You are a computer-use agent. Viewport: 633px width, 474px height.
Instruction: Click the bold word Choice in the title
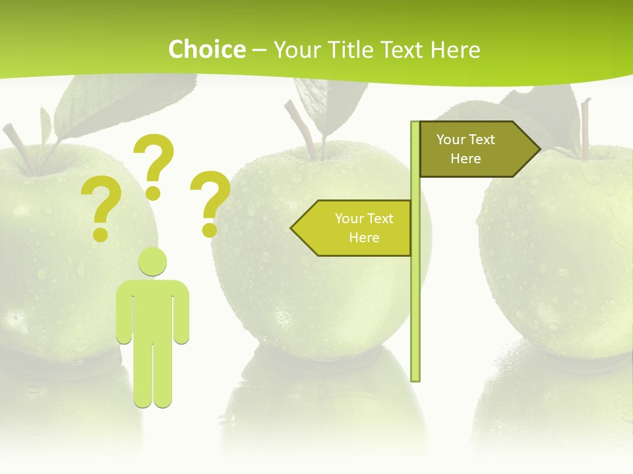click(x=206, y=49)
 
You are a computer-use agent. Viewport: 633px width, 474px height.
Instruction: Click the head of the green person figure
click(x=152, y=262)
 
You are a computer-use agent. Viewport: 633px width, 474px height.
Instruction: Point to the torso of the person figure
click(x=152, y=309)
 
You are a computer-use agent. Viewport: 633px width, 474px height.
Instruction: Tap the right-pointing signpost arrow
click(x=478, y=149)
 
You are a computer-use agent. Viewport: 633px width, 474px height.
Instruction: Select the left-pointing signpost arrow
click(x=353, y=228)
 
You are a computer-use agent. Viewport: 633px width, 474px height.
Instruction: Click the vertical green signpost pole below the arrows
click(x=415, y=316)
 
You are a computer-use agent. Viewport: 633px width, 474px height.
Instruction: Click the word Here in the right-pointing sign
click(x=466, y=159)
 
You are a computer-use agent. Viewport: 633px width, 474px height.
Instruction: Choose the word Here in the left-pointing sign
click(x=364, y=238)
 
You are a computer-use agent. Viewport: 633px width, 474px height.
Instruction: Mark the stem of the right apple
click(x=584, y=128)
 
